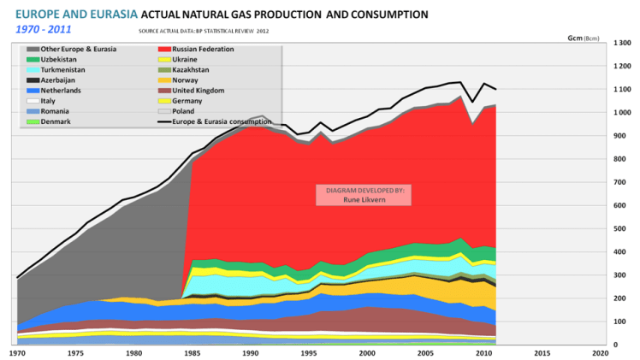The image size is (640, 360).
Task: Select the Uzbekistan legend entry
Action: coord(60,59)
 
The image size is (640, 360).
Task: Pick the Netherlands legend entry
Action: coord(62,90)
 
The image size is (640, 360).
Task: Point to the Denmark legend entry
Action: coord(56,121)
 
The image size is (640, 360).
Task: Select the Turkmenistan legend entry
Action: coord(64,69)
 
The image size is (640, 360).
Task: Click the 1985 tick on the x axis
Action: coord(191,352)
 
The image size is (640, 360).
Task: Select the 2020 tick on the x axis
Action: coord(600,352)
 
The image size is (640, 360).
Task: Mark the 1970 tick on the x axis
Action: coord(16,352)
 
